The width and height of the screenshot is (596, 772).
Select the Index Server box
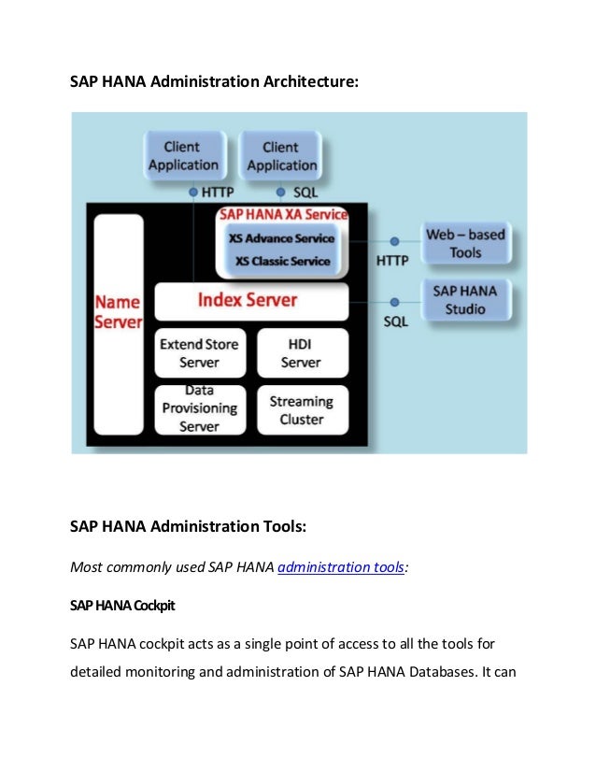(x=248, y=301)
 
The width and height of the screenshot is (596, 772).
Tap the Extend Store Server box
(x=199, y=352)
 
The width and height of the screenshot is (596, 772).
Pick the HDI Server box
(x=301, y=352)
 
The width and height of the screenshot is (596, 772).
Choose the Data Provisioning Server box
(x=199, y=409)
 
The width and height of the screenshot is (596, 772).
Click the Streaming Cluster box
(x=301, y=409)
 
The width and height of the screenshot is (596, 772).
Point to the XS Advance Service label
(x=281, y=238)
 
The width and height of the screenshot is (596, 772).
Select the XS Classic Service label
(x=281, y=261)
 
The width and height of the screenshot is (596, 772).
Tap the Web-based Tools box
(x=465, y=243)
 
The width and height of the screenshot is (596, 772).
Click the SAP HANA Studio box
(x=465, y=299)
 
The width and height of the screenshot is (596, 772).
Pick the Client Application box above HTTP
(x=183, y=156)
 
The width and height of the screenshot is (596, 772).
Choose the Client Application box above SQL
(x=281, y=156)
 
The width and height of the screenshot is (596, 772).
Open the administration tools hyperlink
(x=341, y=565)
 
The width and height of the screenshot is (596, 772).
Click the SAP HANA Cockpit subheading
(x=122, y=605)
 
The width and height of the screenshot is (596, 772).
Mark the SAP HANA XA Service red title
(x=283, y=215)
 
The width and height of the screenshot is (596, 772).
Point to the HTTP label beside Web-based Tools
(x=392, y=261)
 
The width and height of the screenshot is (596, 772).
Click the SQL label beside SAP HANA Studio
(x=395, y=320)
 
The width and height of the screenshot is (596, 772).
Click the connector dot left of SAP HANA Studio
(x=394, y=301)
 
